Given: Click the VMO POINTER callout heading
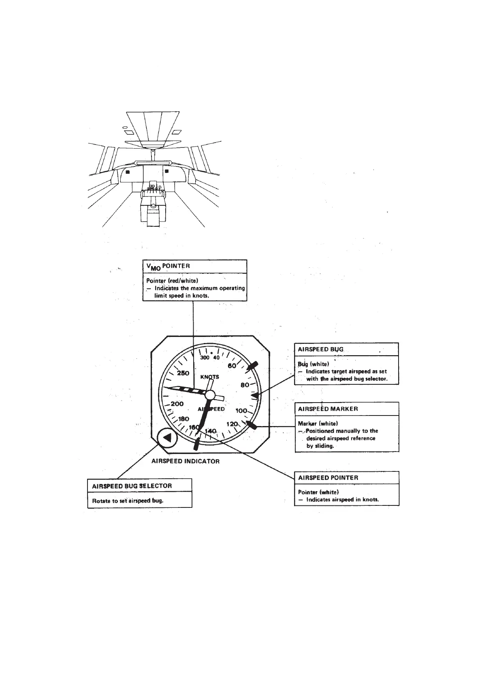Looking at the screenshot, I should point(168,266).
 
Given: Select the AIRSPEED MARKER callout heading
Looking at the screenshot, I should point(328,409).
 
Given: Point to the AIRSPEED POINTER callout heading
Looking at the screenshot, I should point(328,477).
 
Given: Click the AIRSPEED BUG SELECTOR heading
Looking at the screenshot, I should point(132,486).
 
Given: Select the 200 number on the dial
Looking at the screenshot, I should point(177,404).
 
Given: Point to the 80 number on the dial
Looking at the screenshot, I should point(245,385).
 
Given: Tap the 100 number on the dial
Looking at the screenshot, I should point(241,411).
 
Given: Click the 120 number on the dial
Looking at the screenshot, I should point(232,424).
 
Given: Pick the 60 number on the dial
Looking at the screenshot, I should point(232,366).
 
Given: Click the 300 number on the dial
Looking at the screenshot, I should point(205,358).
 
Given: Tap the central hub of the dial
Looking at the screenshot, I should point(210,395).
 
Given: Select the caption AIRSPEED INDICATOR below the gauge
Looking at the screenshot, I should point(186,461).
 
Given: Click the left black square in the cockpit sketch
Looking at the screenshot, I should point(128,172).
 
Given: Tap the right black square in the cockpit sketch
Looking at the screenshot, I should point(166,171).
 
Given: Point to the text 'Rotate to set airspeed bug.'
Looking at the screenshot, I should point(128,501).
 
